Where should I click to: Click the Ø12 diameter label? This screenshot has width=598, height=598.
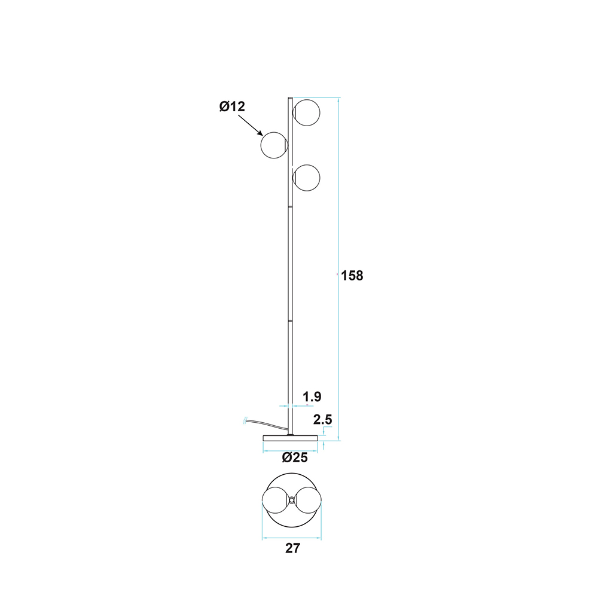[x=232, y=106]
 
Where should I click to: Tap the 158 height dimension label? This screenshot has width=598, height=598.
[x=352, y=275]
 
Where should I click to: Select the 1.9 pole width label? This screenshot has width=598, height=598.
[x=312, y=396]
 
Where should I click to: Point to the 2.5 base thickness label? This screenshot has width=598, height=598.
[x=323, y=420]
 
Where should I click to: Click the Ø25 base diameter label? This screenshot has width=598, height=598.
[x=295, y=457]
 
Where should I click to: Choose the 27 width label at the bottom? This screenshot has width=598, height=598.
[x=292, y=548]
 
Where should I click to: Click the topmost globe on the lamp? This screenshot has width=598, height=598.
[x=306, y=113]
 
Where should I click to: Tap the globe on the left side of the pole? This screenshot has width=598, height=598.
[x=274, y=145]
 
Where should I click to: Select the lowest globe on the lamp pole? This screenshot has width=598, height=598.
[x=306, y=178]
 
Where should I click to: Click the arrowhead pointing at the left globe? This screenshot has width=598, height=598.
[x=261, y=133]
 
